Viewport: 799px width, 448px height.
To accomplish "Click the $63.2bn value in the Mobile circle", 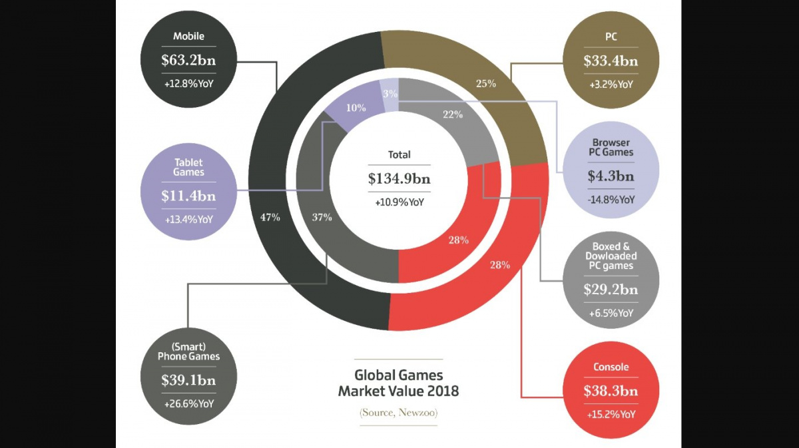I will pos(188,61).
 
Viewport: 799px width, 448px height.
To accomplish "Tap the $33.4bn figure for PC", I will pos(611,61).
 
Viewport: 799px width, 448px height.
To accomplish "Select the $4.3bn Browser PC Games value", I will pos(611,176).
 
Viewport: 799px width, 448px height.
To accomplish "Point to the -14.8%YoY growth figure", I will pos(611,199).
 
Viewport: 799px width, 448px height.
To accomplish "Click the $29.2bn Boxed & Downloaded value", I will pos(611,290).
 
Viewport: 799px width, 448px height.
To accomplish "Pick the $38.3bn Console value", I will pos(611,391).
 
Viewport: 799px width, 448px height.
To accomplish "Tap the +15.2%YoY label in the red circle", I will pos(611,414).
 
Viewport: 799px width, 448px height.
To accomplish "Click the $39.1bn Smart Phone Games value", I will pos(188,380).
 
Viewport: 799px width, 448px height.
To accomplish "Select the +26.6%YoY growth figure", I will pos(188,403).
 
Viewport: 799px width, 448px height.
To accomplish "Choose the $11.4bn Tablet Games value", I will pos(188,196).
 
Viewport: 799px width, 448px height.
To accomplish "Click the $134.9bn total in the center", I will pos(400,178).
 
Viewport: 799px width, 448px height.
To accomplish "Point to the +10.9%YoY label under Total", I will pos(400,201).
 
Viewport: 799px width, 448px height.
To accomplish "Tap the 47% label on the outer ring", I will pos(270,217).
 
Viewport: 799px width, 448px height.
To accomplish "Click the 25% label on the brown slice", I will pos(485,85).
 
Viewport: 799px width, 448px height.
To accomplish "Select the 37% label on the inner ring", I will pos(322,217).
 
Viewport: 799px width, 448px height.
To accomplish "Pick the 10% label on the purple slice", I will pos(356,108).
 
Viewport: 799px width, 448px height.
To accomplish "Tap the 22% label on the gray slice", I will pos(452,114).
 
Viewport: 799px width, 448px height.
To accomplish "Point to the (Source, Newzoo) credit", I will pos(399,413).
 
